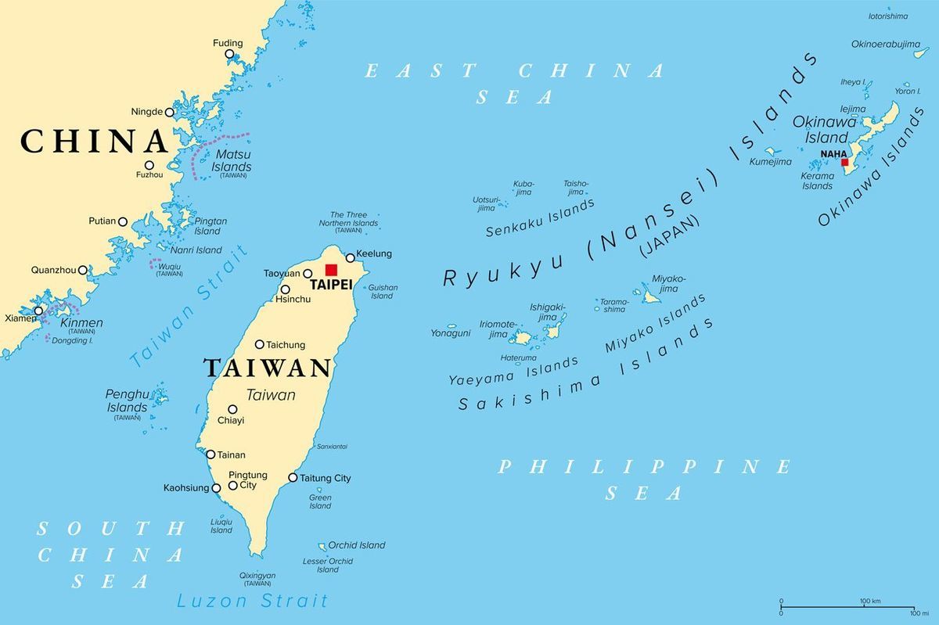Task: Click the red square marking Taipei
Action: tap(332, 270)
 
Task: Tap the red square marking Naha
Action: tap(844, 163)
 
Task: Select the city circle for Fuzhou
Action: tap(149, 165)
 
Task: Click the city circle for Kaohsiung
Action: tap(217, 488)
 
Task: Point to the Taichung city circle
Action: tap(260, 344)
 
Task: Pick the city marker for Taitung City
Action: tap(293, 477)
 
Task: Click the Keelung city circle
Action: tap(350, 257)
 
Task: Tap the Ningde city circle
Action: tap(169, 112)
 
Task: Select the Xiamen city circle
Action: tap(38, 311)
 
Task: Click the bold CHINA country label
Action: tap(94, 142)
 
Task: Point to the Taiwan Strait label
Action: tap(189, 306)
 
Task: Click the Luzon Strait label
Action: tap(252, 601)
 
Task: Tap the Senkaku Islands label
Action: tap(540, 218)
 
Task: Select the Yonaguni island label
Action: tap(450, 333)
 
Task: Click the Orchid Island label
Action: tap(357, 545)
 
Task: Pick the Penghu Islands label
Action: tap(127, 401)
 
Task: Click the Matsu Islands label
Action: tap(232, 161)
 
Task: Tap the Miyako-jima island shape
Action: tap(651, 296)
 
